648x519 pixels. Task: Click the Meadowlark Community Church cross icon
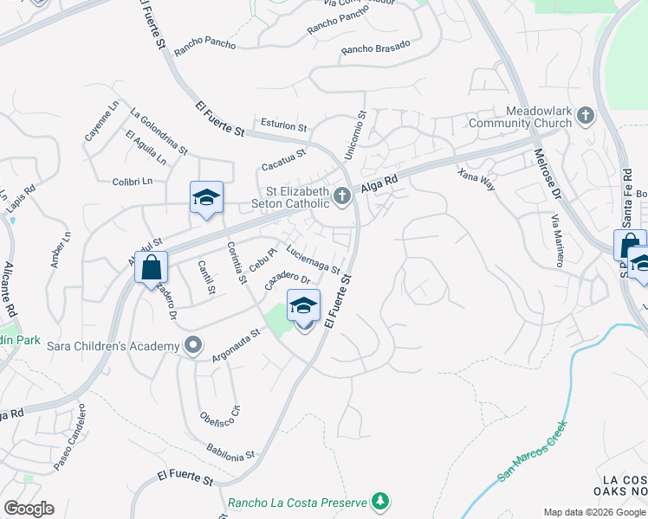pos(586,115)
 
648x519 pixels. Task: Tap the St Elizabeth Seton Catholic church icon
pos(342,197)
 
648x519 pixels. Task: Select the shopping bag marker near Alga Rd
pos(151,266)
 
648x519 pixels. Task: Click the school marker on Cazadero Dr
pos(303,306)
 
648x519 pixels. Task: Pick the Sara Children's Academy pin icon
pos(193,346)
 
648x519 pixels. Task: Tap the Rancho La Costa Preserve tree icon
pos(379,501)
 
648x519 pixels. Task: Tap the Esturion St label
pos(278,125)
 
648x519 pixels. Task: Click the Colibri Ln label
pos(132,181)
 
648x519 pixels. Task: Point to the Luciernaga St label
pos(313,259)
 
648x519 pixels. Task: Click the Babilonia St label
pos(230,451)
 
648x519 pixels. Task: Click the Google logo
pos(29,509)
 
